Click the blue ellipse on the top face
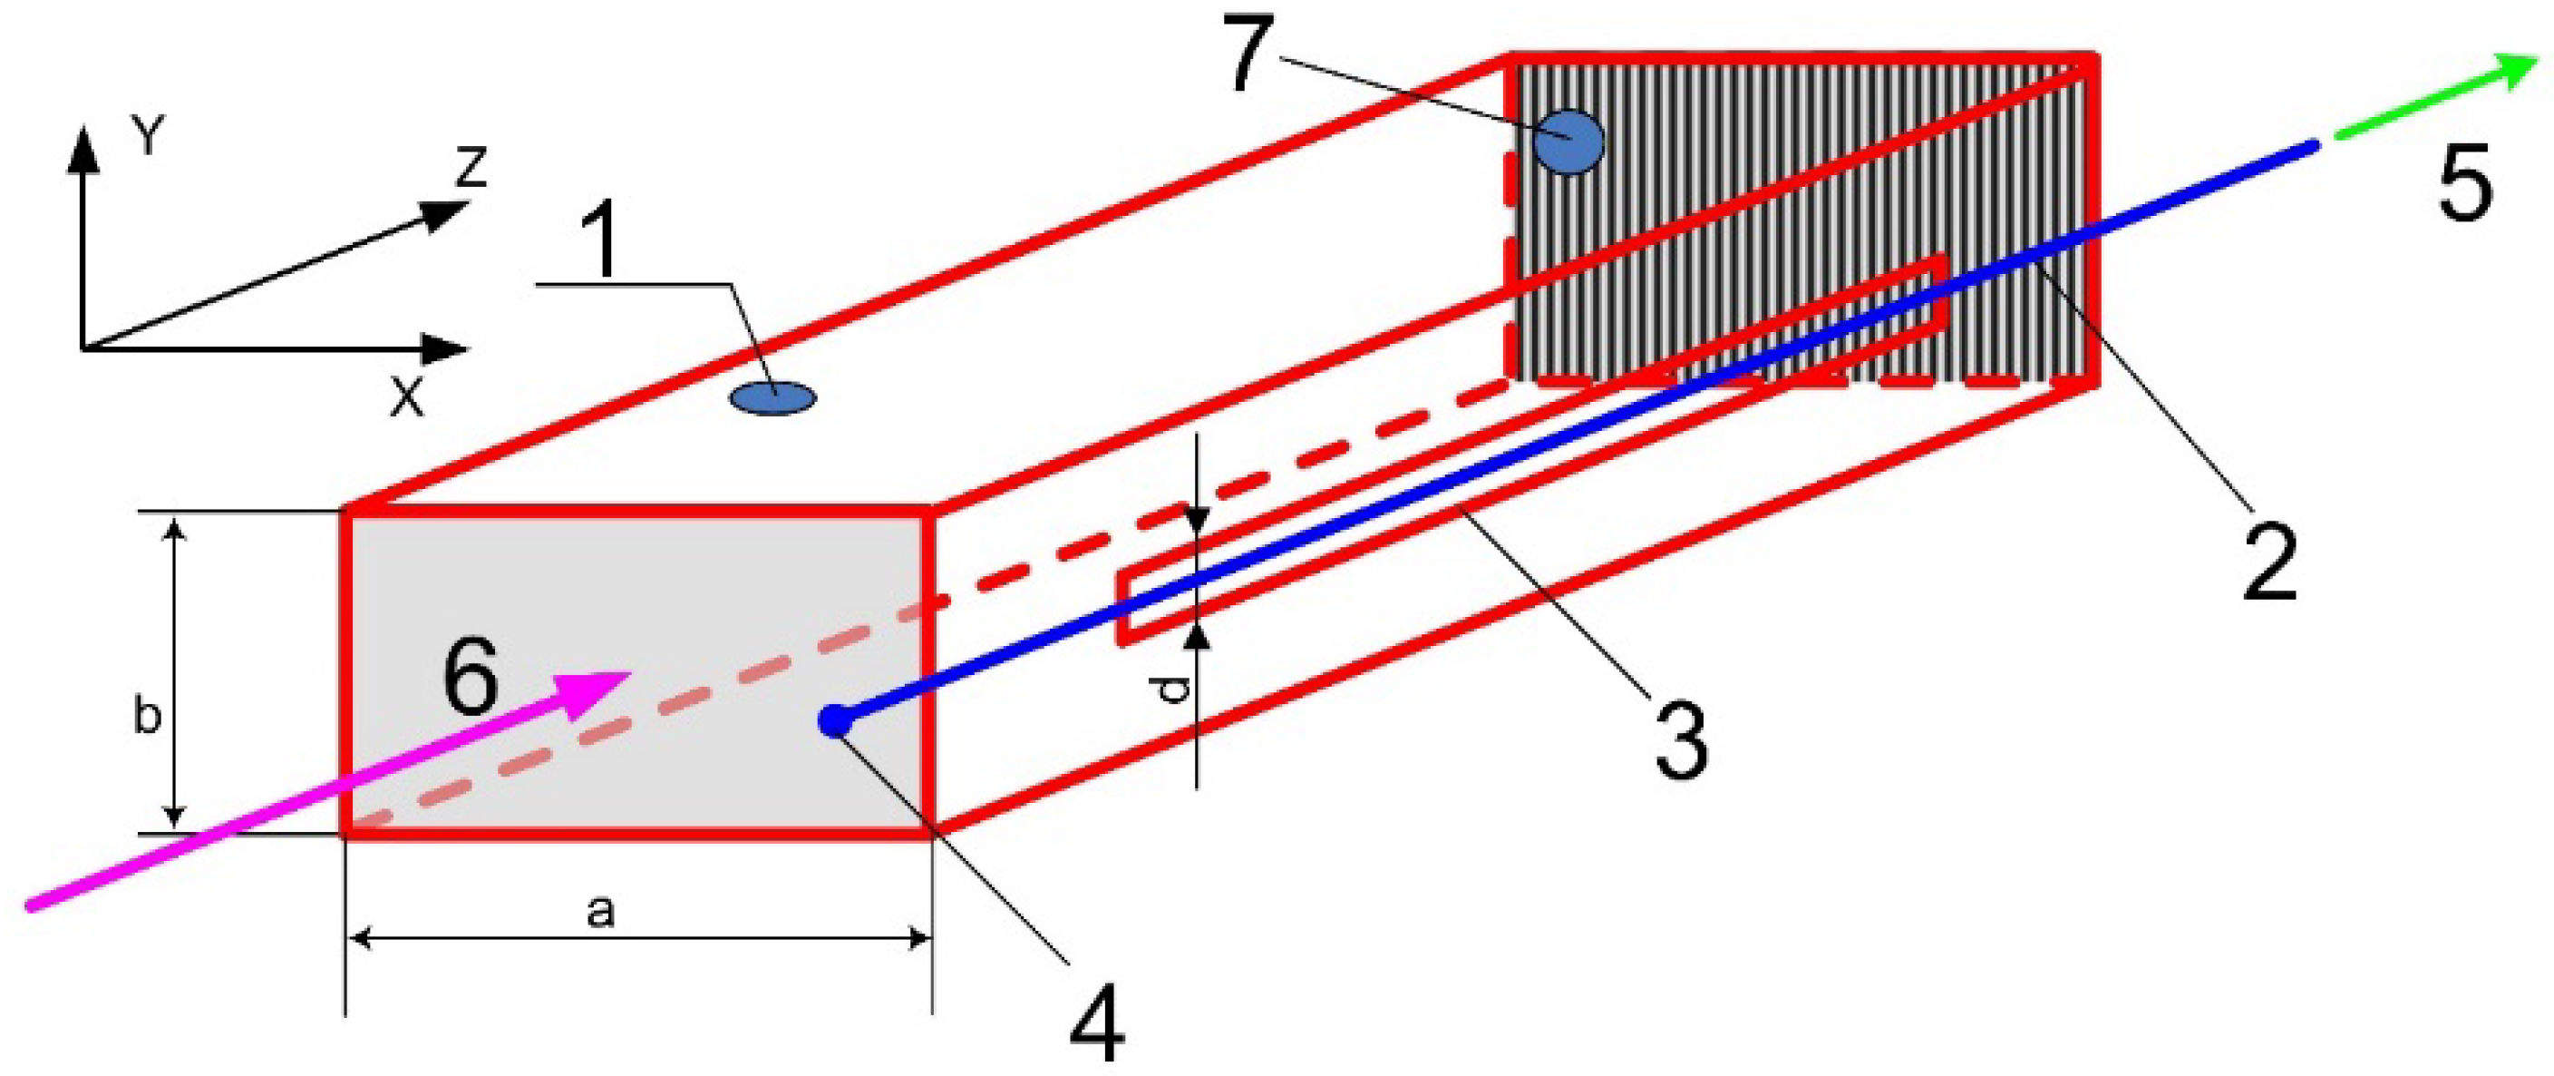[x=773, y=398]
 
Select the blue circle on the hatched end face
[x=1568, y=142]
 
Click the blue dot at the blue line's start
[x=835, y=721]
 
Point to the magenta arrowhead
[x=600, y=685]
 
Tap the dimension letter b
[x=147, y=717]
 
